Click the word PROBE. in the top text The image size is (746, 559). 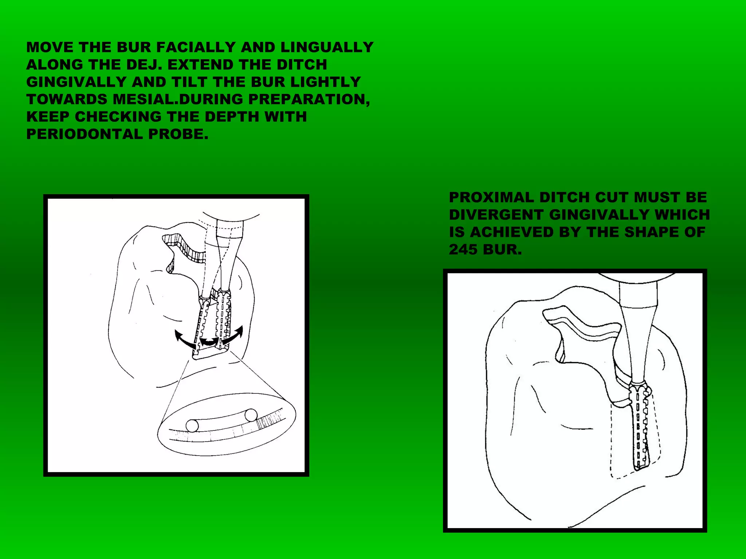coord(178,134)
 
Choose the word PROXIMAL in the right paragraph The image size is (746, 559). coord(491,197)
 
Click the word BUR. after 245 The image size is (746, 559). coord(504,250)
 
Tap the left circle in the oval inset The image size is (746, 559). coord(192,425)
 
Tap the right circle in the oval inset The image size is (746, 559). coord(251,415)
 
